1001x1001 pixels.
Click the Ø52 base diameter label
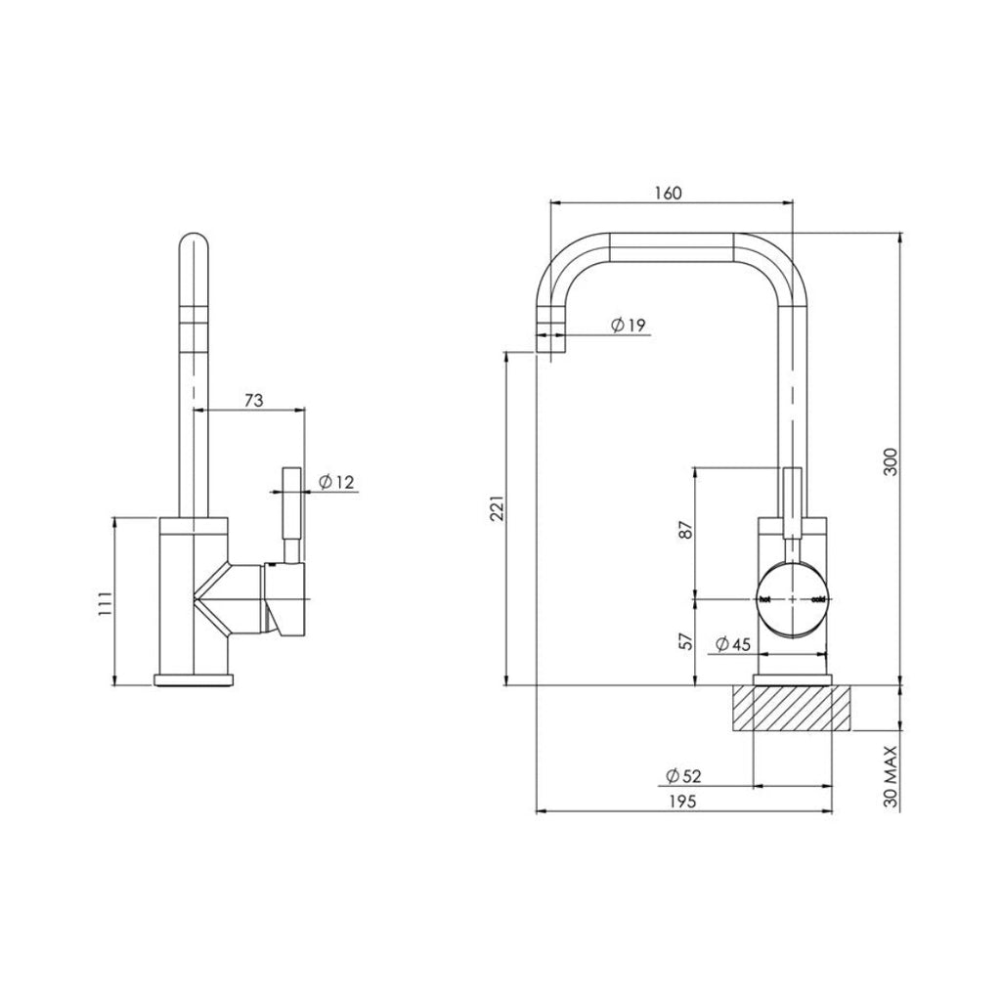coord(683,775)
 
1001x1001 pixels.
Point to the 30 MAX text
coord(889,775)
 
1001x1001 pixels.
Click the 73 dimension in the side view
coord(253,401)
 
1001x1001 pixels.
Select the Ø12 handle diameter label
coord(335,481)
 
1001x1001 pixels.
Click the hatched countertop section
coord(793,709)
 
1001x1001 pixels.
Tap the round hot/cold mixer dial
coord(793,598)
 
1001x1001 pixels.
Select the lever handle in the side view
coord(290,513)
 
